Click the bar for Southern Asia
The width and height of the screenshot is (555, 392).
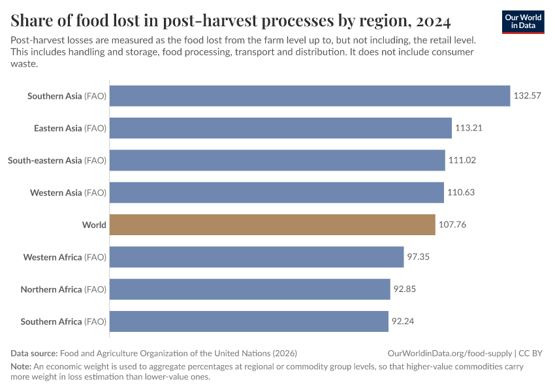pyautogui.click(x=309, y=96)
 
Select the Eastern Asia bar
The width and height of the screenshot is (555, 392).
pyautogui.click(x=281, y=128)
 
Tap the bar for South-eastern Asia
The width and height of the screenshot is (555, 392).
pyautogui.click(x=277, y=160)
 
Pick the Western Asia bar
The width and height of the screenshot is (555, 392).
pyautogui.click(x=276, y=193)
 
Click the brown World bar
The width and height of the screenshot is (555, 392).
pyautogui.click(x=272, y=225)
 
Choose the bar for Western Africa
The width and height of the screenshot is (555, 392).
pyautogui.click(x=257, y=257)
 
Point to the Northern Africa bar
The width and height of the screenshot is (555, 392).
pyautogui.click(x=249, y=289)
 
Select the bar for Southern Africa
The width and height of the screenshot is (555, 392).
pyautogui.click(x=249, y=321)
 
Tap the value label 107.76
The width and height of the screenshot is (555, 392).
pyautogui.click(x=452, y=225)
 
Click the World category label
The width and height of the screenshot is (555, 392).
pyautogui.click(x=94, y=225)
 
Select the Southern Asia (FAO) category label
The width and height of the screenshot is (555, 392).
pyautogui.click(x=67, y=96)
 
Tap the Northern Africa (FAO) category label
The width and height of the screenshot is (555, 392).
pyautogui.click(x=63, y=289)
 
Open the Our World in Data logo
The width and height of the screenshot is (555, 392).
pyautogui.click(x=523, y=22)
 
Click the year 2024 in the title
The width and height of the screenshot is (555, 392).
pyautogui.click(x=431, y=22)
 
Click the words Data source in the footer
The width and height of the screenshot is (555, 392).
pyautogui.click(x=34, y=353)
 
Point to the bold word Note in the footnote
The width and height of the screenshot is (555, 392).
pyautogui.click(x=20, y=367)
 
